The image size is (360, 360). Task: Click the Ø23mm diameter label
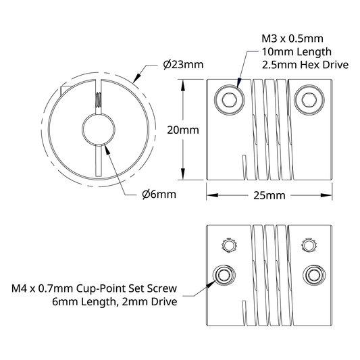(183, 65)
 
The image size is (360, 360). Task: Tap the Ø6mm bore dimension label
(159, 195)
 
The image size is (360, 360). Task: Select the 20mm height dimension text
(183, 130)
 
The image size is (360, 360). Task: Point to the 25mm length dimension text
(269, 196)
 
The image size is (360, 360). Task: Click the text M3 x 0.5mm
(292, 38)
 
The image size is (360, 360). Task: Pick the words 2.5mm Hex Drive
(305, 65)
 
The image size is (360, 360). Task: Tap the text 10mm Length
(297, 52)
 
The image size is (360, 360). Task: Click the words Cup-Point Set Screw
(126, 288)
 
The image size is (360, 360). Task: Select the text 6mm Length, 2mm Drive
(115, 302)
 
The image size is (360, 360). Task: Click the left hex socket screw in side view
(230, 100)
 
